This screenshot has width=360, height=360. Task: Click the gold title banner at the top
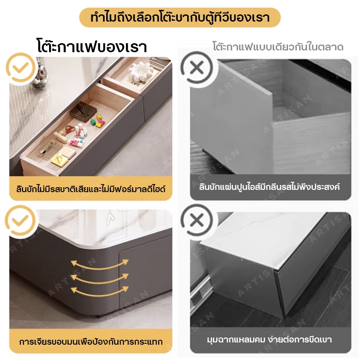tap(180, 18)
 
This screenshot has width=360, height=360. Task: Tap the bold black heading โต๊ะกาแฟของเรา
tap(92, 46)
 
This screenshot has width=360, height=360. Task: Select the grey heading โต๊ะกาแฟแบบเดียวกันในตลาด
tap(278, 47)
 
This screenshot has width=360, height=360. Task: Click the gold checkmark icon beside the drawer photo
tap(21, 67)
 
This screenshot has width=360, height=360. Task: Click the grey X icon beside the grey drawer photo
tap(197, 67)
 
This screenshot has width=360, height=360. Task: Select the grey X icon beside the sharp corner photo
tap(197, 220)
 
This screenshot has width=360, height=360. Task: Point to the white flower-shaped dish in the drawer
tap(140, 71)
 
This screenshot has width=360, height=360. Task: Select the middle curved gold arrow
tap(99, 278)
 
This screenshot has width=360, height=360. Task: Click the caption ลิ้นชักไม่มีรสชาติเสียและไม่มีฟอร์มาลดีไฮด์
tap(91, 189)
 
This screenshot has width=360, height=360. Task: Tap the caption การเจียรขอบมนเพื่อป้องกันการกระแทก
tap(91, 342)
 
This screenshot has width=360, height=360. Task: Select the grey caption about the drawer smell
tap(269, 187)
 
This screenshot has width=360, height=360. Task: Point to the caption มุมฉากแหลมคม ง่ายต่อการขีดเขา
tap(269, 340)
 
